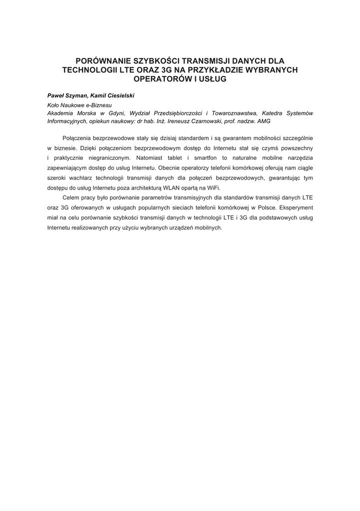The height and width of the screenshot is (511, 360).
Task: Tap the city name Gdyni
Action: (117, 113)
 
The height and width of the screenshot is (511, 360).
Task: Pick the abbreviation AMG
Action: (264, 121)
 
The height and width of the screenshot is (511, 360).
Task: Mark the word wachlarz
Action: (80, 178)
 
